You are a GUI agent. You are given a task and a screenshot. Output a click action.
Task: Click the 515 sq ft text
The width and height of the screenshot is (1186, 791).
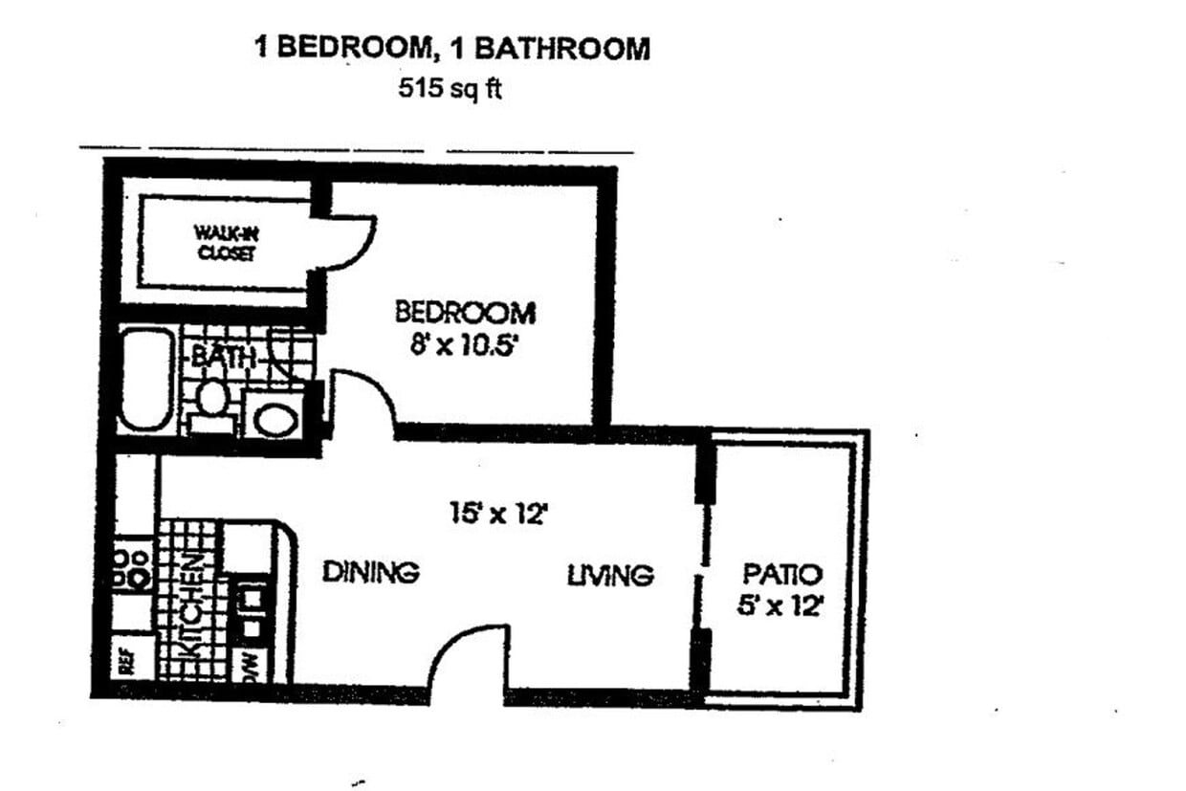(x=450, y=92)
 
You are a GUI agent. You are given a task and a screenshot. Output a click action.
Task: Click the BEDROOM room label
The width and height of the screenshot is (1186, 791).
(x=465, y=313)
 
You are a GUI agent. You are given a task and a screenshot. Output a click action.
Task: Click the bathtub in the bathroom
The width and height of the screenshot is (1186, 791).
(x=146, y=380)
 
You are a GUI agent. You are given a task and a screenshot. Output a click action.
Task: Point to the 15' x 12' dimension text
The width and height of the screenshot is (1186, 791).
(x=497, y=514)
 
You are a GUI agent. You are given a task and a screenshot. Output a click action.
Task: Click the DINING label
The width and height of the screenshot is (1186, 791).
(x=370, y=572)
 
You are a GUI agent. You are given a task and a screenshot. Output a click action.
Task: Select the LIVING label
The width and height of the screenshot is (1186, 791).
(x=610, y=575)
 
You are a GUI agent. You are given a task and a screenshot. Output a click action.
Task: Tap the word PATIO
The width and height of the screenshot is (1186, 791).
(x=782, y=575)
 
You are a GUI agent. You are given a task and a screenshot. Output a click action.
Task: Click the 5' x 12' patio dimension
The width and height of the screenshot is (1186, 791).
(x=781, y=606)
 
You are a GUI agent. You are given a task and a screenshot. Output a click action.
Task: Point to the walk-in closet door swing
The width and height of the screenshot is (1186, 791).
(x=349, y=241)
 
